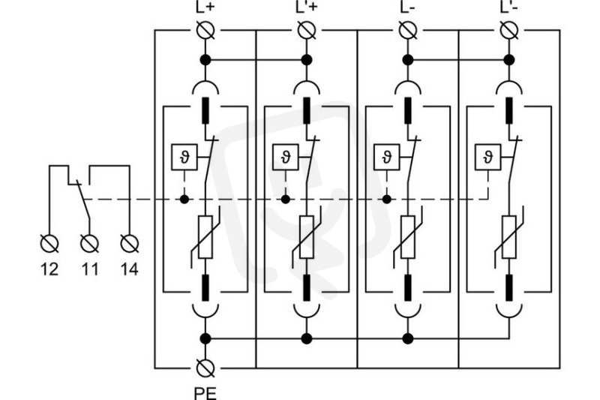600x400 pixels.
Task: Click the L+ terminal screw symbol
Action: [205, 30]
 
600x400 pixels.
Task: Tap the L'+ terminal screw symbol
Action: [307, 30]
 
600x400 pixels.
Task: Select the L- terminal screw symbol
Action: [408, 30]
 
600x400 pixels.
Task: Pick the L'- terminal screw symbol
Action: [509, 30]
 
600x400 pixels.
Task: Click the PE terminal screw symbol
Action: [205, 368]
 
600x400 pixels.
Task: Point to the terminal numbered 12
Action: [49, 243]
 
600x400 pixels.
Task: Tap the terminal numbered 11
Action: [89, 243]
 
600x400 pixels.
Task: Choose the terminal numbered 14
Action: [130, 243]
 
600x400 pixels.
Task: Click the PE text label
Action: [205, 393]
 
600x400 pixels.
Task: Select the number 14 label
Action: [129, 269]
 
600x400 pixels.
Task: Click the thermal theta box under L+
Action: [184, 158]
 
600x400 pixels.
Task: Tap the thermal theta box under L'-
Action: [488, 158]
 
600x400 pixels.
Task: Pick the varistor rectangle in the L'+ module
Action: [307, 237]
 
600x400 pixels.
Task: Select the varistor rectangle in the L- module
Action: [408, 237]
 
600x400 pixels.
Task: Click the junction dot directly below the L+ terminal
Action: [205, 60]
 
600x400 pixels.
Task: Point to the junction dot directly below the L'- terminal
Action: [509, 60]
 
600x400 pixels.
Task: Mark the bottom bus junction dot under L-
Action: [408, 338]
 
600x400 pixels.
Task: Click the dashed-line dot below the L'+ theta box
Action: [286, 199]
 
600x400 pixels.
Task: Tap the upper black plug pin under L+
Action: [205, 110]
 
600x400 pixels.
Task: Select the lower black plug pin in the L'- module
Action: [509, 288]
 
